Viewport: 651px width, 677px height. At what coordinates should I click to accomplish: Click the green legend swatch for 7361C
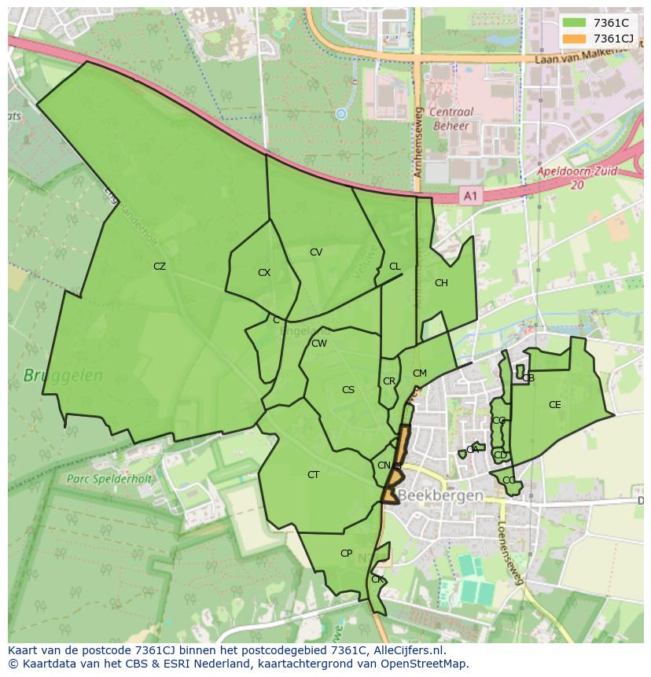click(x=574, y=23)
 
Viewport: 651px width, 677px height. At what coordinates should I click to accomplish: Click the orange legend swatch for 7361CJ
click(x=574, y=39)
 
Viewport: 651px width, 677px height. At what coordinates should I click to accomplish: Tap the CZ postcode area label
click(x=160, y=267)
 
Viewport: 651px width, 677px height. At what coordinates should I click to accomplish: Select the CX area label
click(x=264, y=273)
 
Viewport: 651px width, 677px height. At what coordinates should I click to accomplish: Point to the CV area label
click(x=316, y=252)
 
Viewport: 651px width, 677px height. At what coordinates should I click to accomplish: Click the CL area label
click(x=395, y=267)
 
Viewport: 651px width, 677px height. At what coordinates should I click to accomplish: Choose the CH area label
click(x=441, y=283)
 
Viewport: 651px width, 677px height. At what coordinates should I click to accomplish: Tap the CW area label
click(x=319, y=344)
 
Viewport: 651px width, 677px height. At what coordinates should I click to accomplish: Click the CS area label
click(x=348, y=390)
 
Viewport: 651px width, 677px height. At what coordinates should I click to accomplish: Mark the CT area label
click(x=314, y=475)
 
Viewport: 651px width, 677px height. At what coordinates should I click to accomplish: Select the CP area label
click(x=346, y=554)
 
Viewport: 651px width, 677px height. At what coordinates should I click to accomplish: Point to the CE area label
click(x=555, y=405)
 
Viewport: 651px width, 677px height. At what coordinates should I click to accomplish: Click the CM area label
click(x=420, y=373)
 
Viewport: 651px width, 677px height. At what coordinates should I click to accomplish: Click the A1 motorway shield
click(x=469, y=197)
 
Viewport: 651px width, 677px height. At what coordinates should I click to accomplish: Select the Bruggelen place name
click(x=63, y=376)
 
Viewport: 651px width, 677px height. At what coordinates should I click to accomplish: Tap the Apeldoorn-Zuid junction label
click(x=577, y=176)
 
